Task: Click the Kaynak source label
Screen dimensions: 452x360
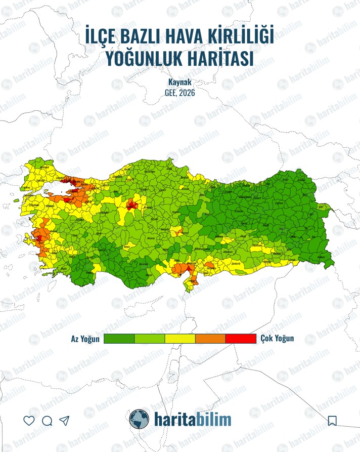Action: (179, 81)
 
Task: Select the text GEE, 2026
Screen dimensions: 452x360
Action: (179, 93)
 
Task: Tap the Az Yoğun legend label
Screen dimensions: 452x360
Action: (85, 339)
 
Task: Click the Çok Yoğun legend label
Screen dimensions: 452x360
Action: (277, 339)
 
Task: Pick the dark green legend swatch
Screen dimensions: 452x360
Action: (119, 339)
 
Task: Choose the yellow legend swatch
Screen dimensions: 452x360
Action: (180, 339)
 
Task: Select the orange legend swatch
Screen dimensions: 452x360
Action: (210, 339)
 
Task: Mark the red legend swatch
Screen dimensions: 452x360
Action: (241, 339)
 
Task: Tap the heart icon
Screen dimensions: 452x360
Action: (29, 421)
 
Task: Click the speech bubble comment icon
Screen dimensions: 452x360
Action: (47, 421)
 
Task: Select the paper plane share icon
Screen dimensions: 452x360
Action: (64, 421)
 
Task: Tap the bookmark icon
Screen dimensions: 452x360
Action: (332, 421)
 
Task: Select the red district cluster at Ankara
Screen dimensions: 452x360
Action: (132, 206)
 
